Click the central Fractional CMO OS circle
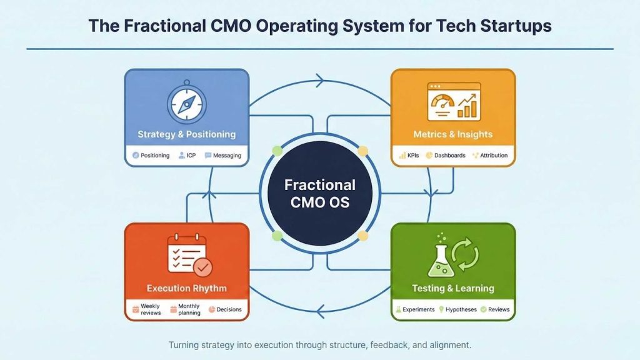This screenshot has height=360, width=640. [320, 194]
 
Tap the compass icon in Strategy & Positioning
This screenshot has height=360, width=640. [187, 102]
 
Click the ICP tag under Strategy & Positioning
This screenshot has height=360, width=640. [187, 155]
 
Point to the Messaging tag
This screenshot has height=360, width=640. [223, 155]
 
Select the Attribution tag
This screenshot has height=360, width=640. [490, 155]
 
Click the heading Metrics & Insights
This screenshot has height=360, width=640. [453, 134]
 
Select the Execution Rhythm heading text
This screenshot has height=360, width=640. [187, 288]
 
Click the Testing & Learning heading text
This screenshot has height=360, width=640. [453, 288]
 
